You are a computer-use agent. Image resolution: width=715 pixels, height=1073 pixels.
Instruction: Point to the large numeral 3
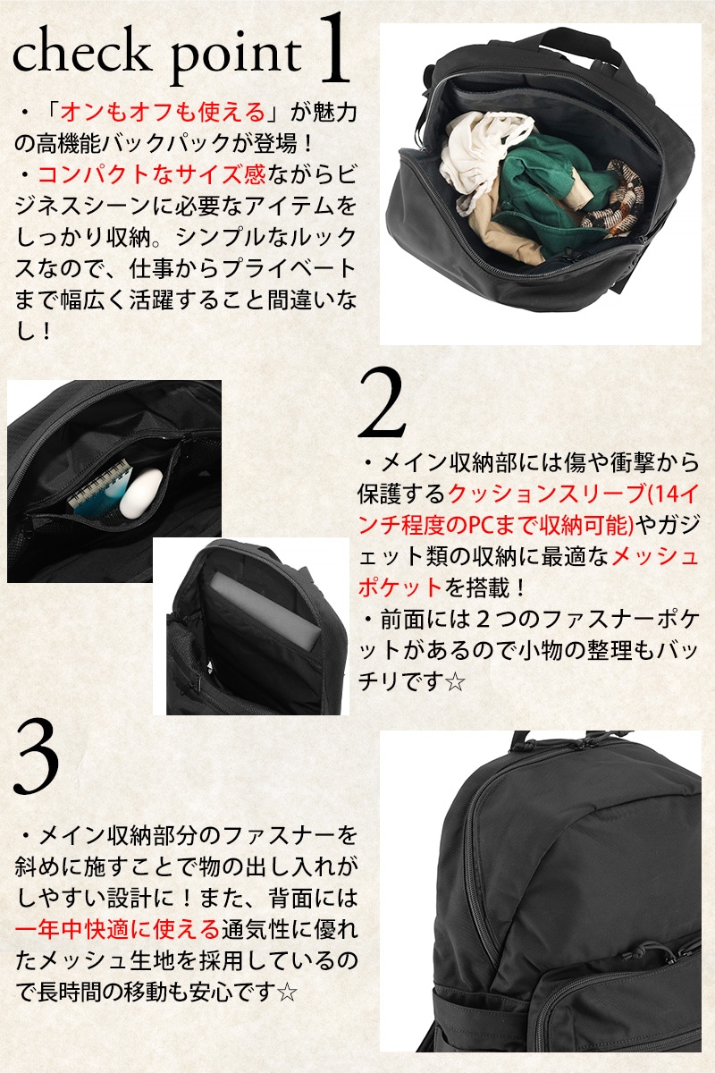[37, 758]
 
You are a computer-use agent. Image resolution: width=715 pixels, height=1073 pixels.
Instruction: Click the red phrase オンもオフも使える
[163, 113]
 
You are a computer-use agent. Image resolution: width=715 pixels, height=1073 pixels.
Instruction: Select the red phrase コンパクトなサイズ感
[152, 174]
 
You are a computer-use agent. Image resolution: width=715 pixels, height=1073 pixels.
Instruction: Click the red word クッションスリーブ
[546, 494]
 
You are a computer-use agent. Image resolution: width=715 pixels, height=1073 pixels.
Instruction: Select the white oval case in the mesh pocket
[141, 494]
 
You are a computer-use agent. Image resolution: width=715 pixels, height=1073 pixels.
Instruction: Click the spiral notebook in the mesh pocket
[99, 488]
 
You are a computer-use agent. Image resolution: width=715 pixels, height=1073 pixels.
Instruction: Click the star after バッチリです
[455, 681]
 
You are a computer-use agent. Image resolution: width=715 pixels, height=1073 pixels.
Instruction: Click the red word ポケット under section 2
[400, 587]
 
